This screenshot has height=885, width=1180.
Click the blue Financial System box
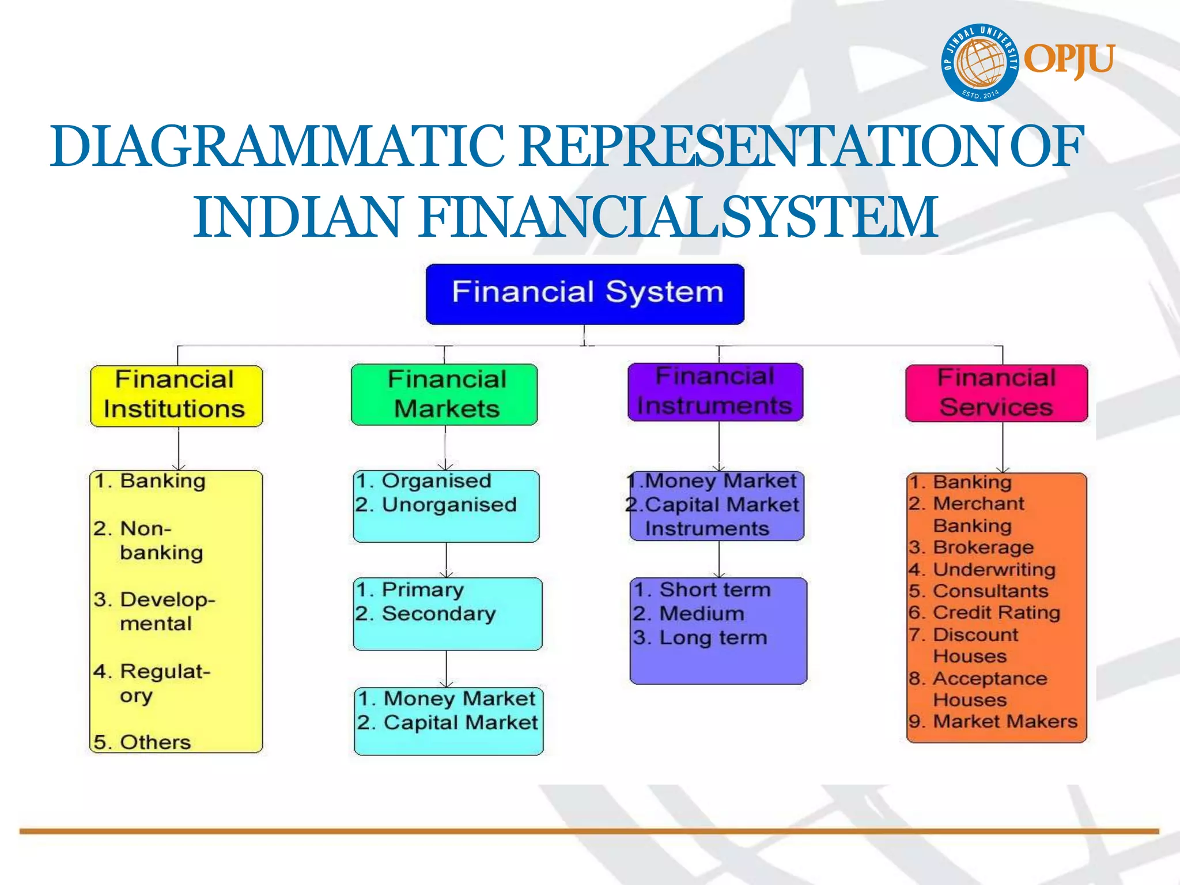pyautogui.click(x=585, y=294)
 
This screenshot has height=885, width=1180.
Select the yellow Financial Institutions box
pyautogui.click(x=176, y=395)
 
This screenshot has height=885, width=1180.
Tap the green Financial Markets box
pyautogui.click(x=444, y=395)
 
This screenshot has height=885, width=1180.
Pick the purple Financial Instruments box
pyautogui.click(x=715, y=392)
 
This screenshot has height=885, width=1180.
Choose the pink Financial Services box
pyautogui.click(x=996, y=393)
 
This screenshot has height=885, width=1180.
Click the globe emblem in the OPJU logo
pyautogui.click(x=980, y=62)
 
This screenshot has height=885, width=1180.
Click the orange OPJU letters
pyautogui.click(x=1069, y=59)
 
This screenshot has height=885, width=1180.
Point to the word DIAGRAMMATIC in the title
pyautogui.click(x=277, y=147)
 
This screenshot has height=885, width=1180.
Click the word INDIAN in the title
pyautogui.click(x=297, y=217)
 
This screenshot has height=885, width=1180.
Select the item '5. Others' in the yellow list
pyautogui.click(x=142, y=742)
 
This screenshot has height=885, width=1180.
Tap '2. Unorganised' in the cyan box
pyautogui.click(x=436, y=505)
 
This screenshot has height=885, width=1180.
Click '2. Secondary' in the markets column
pyautogui.click(x=426, y=614)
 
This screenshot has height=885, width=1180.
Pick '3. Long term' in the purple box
pyautogui.click(x=700, y=638)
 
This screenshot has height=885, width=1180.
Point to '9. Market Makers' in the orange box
pyautogui.click(x=993, y=721)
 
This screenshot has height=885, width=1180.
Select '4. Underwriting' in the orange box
pyautogui.click(x=982, y=569)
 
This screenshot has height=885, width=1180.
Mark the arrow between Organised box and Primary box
pyautogui.click(x=447, y=559)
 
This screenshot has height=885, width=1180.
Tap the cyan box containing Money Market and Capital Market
pyautogui.click(x=448, y=721)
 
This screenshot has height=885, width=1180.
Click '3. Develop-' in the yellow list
pyautogui.click(x=154, y=600)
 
